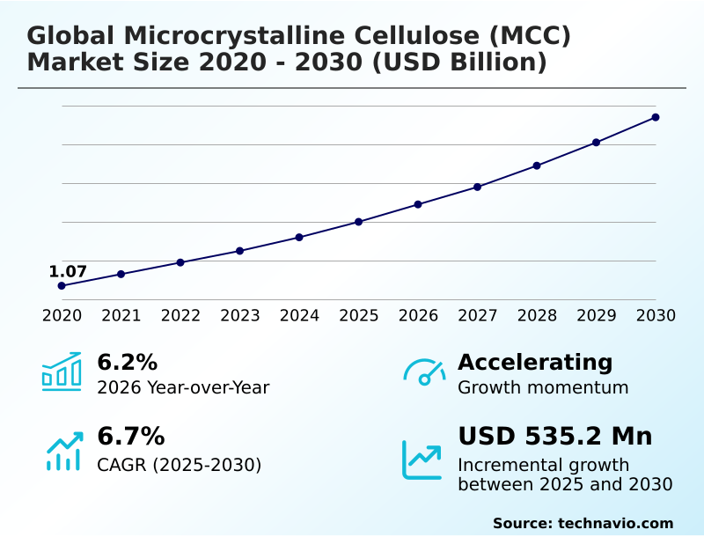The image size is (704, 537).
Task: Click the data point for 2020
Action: point(62,286)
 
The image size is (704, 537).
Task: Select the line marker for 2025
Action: point(358,222)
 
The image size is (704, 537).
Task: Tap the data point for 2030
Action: point(656,117)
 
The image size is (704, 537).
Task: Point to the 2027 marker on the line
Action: point(477,187)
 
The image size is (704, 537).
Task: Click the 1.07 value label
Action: point(68,271)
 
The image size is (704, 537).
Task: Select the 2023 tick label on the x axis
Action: point(239,316)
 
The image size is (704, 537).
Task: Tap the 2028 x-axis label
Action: point(537,316)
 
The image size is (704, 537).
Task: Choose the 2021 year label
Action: point(121,316)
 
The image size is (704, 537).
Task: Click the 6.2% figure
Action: point(127,362)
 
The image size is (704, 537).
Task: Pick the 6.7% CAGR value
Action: point(130,436)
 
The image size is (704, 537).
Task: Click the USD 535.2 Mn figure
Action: point(555,436)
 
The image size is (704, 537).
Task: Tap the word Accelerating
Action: point(535,362)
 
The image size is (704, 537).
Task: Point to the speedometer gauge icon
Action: point(424,371)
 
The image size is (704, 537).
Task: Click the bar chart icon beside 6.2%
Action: point(62,371)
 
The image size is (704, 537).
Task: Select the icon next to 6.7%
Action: point(63,451)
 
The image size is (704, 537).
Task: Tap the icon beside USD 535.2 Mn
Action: point(422,460)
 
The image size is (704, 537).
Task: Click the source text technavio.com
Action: point(615,523)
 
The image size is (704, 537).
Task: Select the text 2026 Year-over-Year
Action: point(183,387)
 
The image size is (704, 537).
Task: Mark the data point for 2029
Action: point(596,143)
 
